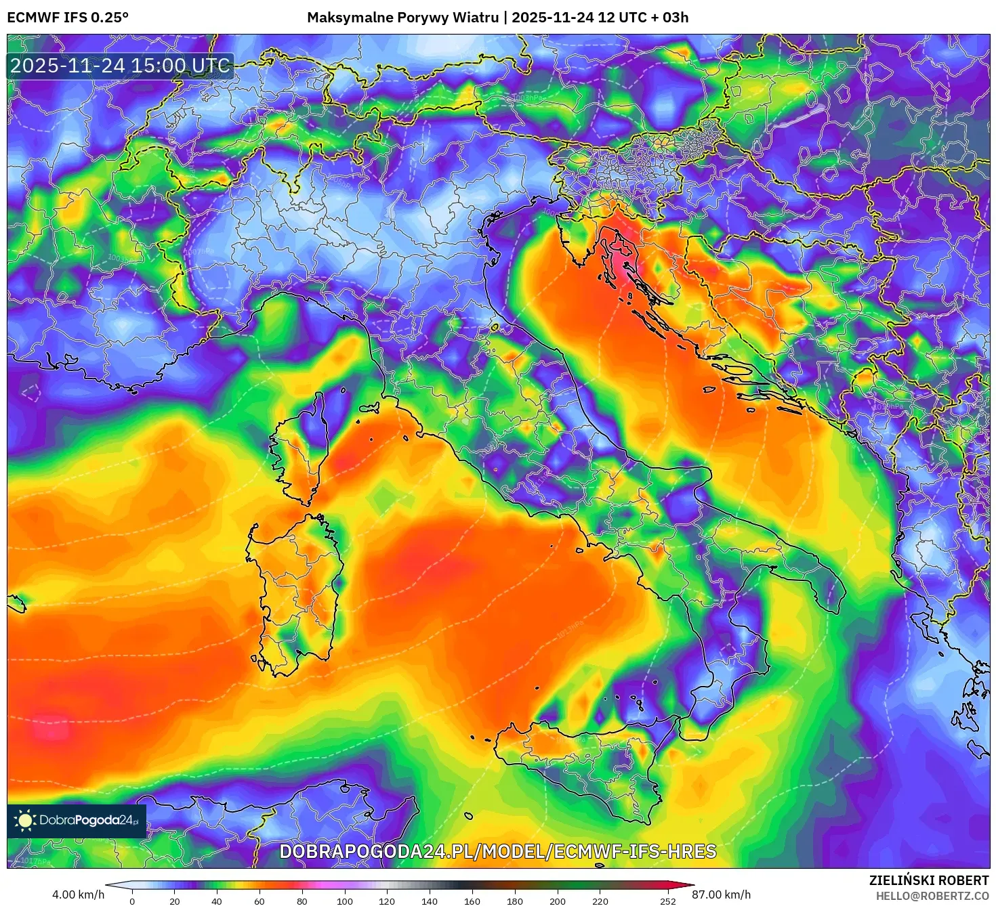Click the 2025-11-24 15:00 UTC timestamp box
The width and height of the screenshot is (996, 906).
[x=120, y=66]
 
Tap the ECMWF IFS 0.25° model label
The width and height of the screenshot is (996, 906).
[x=68, y=18]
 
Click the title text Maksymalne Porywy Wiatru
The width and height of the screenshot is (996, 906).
[x=402, y=18]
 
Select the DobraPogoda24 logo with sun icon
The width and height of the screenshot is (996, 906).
[x=77, y=821]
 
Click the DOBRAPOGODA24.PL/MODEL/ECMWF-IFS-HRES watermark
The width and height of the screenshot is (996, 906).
[x=498, y=851]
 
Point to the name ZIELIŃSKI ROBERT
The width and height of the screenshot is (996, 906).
[x=929, y=880]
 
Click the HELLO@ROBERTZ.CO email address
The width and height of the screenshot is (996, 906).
[x=932, y=896]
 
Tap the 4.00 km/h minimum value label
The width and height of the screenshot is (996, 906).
[x=78, y=894]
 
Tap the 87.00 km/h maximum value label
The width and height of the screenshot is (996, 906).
[x=721, y=894]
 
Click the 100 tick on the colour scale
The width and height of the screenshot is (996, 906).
[x=345, y=901]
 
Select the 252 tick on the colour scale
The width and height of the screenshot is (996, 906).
[x=668, y=901]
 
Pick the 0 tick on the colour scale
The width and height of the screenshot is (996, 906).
[x=132, y=901]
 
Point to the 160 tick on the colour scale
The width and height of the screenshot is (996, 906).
[x=472, y=901]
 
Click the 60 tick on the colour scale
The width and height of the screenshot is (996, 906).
[x=260, y=901]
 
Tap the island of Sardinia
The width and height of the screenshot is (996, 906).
[x=295, y=589]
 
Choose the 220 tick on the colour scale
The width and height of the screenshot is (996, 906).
[x=600, y=901]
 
